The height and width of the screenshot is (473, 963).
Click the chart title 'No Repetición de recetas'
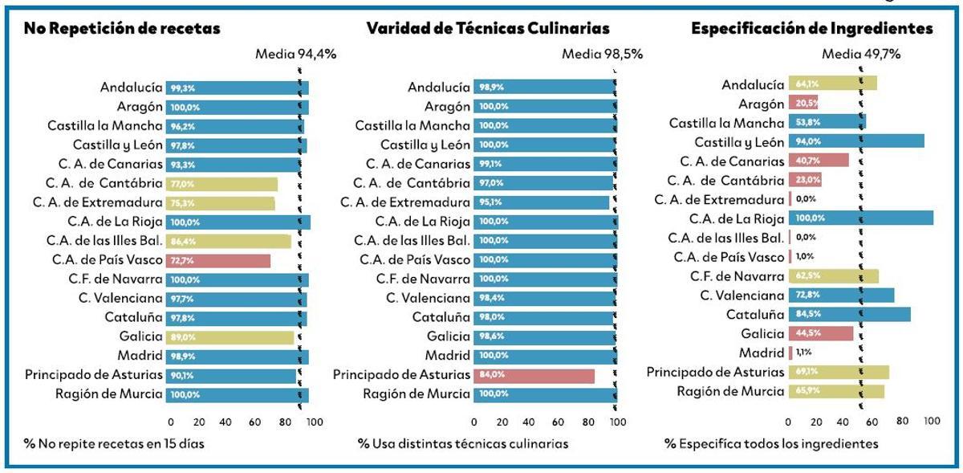(122, 29)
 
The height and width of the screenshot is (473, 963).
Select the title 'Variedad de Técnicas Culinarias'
(488, 29)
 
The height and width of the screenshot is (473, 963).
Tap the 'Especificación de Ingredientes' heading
(812, 29)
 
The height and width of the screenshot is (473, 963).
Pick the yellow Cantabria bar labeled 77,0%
(221, 184)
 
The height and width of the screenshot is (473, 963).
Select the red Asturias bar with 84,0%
(534, 375)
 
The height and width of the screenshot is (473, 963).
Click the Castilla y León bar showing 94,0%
(856, 141)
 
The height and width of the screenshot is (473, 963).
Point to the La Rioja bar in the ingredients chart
(861, 218)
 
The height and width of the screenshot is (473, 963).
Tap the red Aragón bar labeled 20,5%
(803, 104)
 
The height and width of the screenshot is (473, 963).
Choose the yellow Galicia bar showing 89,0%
(230, 337)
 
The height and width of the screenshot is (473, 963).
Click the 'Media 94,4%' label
(295, 55)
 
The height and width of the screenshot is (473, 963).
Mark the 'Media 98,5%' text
(602, 55)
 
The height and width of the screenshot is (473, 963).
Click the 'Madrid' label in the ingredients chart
(762, 353)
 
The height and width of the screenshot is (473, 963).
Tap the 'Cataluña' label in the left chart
(133, 317)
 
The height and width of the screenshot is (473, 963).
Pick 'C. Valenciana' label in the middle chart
(428, 298)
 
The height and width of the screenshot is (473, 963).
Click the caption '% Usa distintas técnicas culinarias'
(463, 443)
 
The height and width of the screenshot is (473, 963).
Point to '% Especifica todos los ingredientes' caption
(771, 443)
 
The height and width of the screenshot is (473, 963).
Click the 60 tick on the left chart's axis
(254, 421)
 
